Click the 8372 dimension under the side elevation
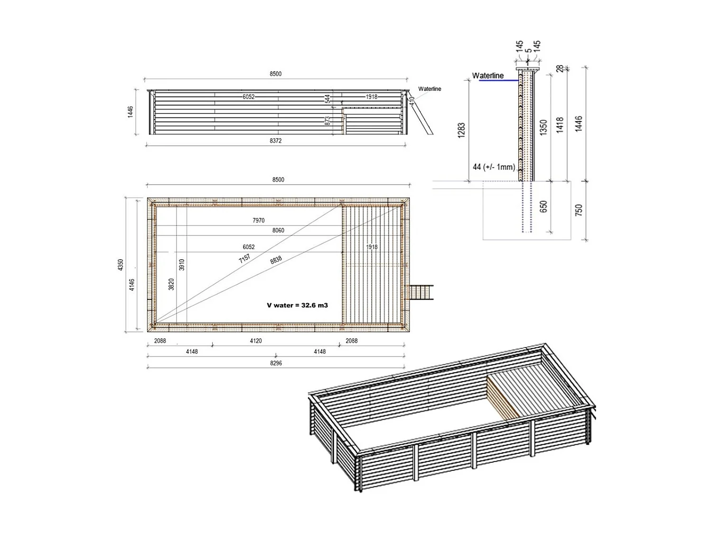(275, 141)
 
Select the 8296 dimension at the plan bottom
(276, 363)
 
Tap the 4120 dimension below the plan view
(256, 341)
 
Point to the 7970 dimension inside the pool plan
(259, 221)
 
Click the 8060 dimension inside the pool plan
(278, 231)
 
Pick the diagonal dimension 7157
(244, 259)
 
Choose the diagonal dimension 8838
(276, 260)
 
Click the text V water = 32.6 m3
(297, 305)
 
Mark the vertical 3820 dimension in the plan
(171, 284)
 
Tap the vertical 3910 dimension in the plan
(182, 265)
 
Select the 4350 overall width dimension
(121, 265)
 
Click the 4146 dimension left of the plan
(132, 285)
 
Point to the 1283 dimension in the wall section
(461, 130)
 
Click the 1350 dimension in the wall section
(544, 127)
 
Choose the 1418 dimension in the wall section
(560, 125)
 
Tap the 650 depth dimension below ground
(544, 206)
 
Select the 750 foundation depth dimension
(579, 210)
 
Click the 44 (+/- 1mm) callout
(494, 167)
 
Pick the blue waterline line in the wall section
(498, 81)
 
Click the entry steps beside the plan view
(422, 292)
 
